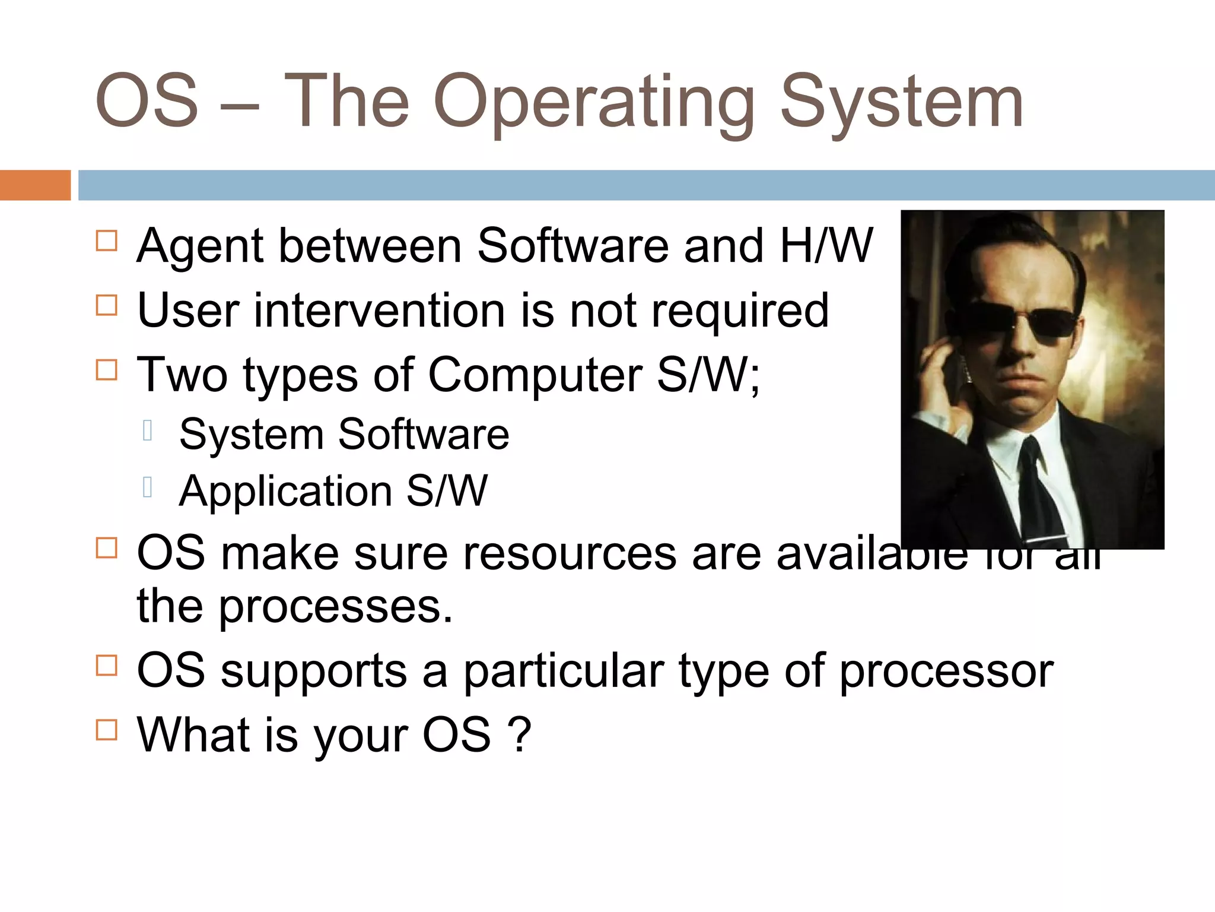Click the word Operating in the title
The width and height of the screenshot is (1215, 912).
pyautogui.click(x=593, y=102)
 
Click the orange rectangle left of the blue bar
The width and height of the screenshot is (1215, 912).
pyautogui.click(x=35, y=185)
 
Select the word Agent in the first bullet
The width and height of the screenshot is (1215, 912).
pyautogui.click(x=200, y=246)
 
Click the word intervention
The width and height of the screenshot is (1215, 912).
pyautogui.click(x=380, y=311)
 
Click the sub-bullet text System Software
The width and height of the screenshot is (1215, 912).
pyautogui.click(x=344, y=434)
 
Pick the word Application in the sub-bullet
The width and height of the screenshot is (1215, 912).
pyautogui.click(x=285, y=492)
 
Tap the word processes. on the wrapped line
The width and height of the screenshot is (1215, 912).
pyautogui.click(x=335, y=607)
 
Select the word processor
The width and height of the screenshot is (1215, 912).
pyautogui.click(x=946, y=672)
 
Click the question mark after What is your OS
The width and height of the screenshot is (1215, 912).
pyautogui.click(x=520, y=735)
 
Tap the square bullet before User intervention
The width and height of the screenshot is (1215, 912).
pyautogui.click(x=107, y=305)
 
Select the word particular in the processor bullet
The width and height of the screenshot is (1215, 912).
pyautogui.click(x=564, y=672)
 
